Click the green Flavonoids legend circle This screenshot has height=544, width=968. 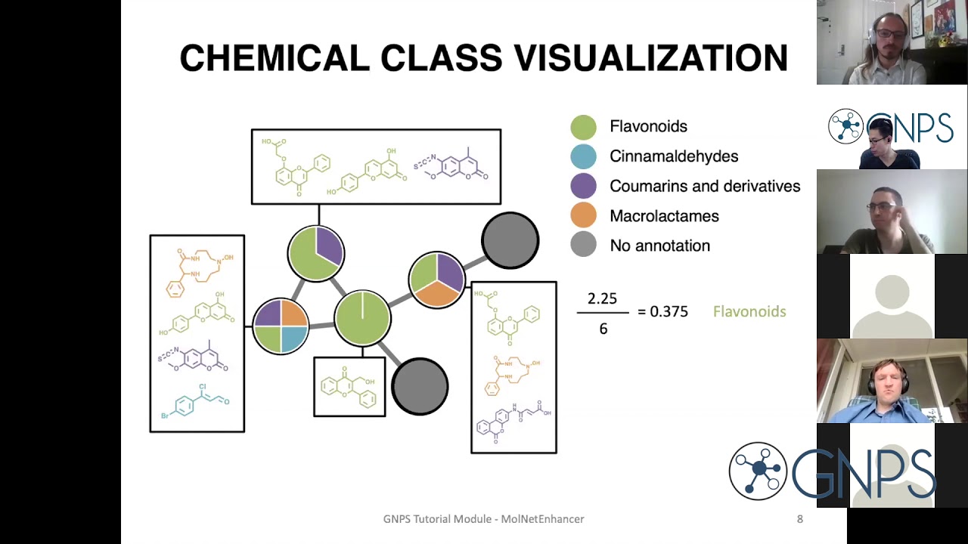coord(583,127)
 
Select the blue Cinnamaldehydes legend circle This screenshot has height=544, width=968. coord(583,156)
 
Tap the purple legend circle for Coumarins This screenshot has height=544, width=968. coord(583,186)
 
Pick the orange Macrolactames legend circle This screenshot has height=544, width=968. coord(583,216)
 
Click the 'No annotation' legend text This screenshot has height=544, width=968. coord(659,246)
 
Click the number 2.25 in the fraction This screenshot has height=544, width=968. coord(602,299)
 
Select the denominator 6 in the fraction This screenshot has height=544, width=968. coord(603,329)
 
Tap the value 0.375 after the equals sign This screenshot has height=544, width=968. coord(669,311)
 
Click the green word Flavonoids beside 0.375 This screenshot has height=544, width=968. coord(749,311)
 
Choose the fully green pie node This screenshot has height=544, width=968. coord(362,318)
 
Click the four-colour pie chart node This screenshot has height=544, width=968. coord(281,326)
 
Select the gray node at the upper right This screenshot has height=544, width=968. coord(510,241)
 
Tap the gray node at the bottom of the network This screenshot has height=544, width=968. coord(420,386)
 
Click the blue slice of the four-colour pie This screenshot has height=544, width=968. coord(293,339)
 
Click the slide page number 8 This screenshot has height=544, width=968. coord(799,519)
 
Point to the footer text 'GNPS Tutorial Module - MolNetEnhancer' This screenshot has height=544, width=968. coord(483,519)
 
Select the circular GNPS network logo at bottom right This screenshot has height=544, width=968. coord(758,471)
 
